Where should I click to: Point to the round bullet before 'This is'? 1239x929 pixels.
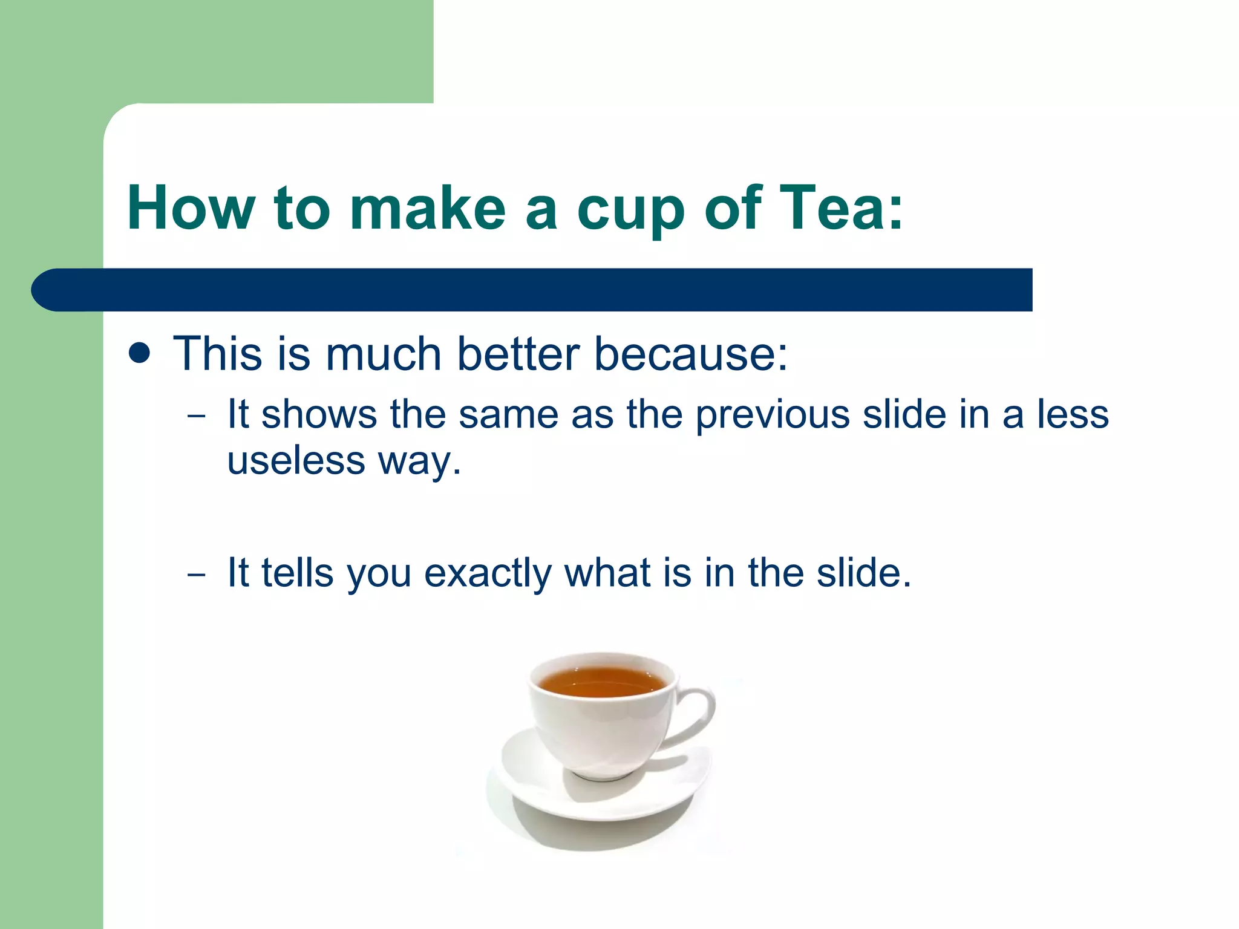[x=140, y=353]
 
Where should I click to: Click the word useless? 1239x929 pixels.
[x=296, y=461]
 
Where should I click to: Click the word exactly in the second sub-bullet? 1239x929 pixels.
[x=488, y=573]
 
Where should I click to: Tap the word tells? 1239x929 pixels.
[x=297, y=572]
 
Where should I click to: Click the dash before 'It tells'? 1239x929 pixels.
[x=196, y=574]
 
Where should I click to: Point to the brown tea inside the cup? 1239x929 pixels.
[x=601, y=682]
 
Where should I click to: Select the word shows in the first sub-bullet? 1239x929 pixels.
[x=319, y=415]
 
